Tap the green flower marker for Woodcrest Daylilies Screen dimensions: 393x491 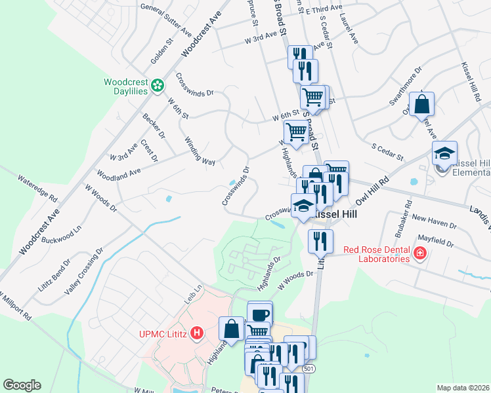click(x=158, y=85)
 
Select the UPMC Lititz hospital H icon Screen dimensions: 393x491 click(x=196, y=334)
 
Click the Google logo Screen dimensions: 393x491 click(x=22, y=385)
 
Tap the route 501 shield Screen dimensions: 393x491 click(x=309, y=369)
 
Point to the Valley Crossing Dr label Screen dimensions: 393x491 click(x=84, y=271)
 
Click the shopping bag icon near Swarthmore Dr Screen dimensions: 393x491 click(x=421, y=104)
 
